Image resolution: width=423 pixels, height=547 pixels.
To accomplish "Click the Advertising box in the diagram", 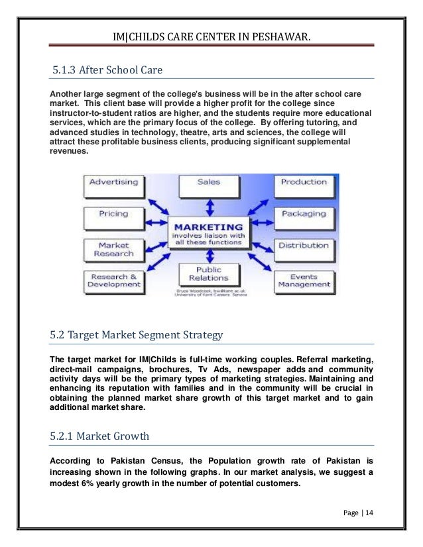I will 113,183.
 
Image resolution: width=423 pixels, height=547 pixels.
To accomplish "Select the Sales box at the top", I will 209,182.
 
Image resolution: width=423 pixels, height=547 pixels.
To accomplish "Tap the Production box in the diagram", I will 304,183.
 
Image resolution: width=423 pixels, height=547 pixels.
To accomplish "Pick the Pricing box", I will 113,215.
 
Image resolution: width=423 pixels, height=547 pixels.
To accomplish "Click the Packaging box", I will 304,215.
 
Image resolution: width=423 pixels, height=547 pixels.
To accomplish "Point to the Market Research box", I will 113,249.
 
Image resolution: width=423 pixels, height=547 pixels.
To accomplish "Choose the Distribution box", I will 304,246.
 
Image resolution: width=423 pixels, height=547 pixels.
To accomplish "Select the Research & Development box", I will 113,281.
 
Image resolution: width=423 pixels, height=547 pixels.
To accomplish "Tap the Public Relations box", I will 209,273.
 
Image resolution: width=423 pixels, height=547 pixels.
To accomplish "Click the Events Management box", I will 304,281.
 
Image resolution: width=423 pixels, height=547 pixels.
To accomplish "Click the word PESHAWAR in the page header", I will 279,28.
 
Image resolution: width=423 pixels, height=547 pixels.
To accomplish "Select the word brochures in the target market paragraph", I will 160,369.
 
